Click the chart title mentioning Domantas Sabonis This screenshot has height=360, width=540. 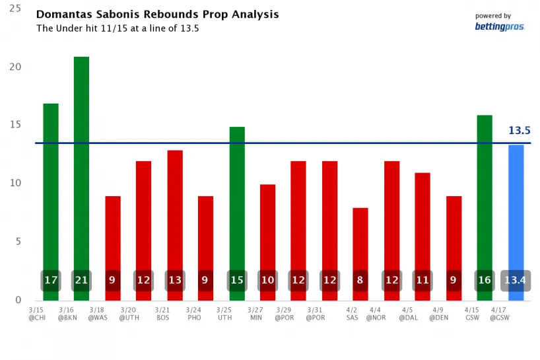pyautogui.click(x=157, y=14)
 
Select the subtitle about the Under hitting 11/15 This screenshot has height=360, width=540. pyautogui.click(x=118, y=28)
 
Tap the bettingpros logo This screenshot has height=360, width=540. pyautogui.click(x=500, y=27)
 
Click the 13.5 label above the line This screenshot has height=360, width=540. pyautogui.click(x=520, y=131)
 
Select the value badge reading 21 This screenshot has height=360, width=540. pyautogui.click(x=81, y=280)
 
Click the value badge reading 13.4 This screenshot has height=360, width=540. pyautogui.click(x=516, y=280)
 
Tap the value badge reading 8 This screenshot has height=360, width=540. pyautogui.click(x=360, y=280)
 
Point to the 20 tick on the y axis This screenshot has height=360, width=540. pyautogui.click(x=16, y=67)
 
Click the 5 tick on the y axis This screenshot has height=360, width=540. pyautogui.click(x=18, y=242)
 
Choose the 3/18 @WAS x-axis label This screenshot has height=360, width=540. pyautogui.click(x=98, y=313)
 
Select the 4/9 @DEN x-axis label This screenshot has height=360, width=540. pyautogui.click(x=438, y=313)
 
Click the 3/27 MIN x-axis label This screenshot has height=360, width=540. pyautogui.click(x=255, y=313)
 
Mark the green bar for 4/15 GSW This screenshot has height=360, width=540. pyautogui.click(x=485, y=192)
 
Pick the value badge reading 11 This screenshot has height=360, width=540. pyautogui.click(x=422, y=280)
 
